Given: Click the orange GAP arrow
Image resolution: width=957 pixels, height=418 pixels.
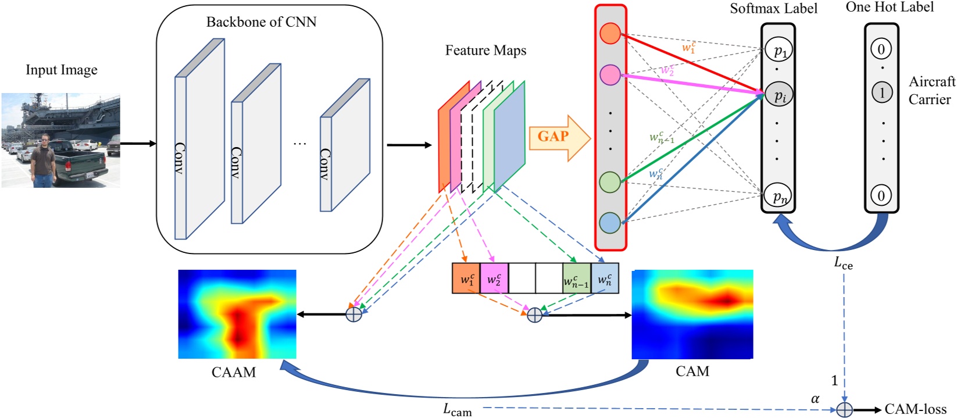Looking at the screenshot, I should click(558, 137).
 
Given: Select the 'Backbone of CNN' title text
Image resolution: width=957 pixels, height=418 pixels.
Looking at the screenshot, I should click(261, 22).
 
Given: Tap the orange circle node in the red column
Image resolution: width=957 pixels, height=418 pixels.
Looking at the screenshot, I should click(610, 33).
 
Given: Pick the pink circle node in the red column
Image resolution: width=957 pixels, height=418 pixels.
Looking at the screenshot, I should click(610, 74).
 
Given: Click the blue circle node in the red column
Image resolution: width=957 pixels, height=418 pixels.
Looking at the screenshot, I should click(610, 223).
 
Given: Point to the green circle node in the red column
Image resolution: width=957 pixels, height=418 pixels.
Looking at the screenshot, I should click(610, 182).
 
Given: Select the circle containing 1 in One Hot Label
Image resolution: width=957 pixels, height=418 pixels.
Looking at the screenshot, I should click(881, 92).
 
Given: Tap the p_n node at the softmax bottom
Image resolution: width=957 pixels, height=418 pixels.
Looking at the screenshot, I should click(779, 196).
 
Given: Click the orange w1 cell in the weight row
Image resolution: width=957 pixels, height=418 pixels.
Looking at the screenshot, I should click(466, 279).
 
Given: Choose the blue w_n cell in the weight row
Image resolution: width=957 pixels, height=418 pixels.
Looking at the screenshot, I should click(605, 279).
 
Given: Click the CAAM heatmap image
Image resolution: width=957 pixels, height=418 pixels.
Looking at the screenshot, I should click(237, 314).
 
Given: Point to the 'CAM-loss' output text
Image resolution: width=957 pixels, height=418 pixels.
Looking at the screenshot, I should click(915, 409).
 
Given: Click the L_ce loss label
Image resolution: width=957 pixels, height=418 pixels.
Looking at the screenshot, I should click(843, 263).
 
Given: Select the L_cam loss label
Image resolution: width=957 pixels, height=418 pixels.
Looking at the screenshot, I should click(458, 410).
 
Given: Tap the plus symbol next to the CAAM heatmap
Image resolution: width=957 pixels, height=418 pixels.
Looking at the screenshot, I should click(353, 315).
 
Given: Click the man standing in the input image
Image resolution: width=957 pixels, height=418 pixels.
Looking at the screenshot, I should click(43, 160).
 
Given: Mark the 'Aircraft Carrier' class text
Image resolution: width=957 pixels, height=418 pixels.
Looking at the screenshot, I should click(931, 91).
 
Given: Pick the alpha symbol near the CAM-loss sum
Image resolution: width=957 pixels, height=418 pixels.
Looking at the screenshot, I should click(815, 399).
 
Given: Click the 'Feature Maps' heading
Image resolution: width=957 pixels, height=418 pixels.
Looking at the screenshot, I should click(485, 51).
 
